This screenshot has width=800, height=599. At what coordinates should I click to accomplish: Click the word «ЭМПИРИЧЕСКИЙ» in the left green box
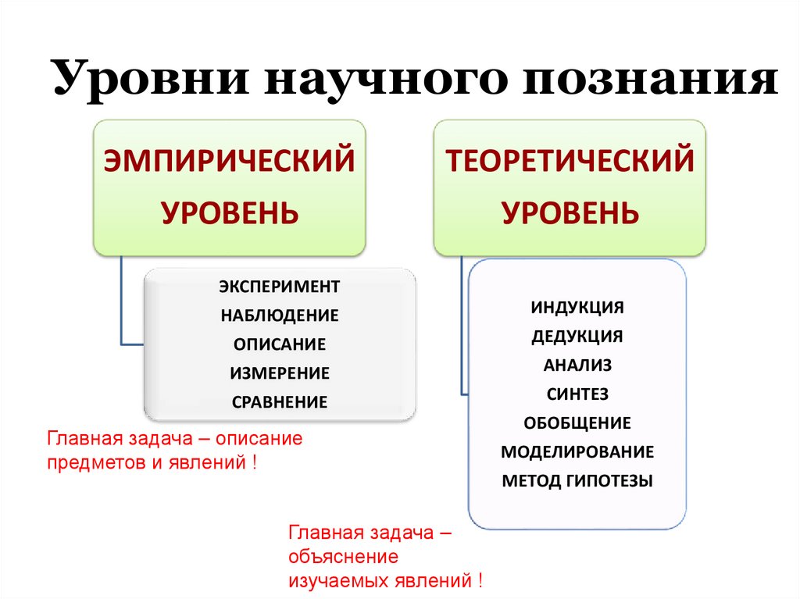(230, 162)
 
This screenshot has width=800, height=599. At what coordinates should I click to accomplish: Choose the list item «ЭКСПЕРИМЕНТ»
(280, 287)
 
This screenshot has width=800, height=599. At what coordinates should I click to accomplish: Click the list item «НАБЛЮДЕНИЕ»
(280, 316)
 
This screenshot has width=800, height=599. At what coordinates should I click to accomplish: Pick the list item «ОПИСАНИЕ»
(280, 344)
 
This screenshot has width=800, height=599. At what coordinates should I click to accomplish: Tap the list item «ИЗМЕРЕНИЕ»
(280, 373)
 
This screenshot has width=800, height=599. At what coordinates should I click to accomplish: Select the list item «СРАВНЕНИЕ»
(280, 402)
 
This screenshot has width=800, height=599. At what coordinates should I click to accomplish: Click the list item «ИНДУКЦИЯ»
(577, 307)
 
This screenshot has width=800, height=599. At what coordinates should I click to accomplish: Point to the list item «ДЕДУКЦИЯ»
(577, 337)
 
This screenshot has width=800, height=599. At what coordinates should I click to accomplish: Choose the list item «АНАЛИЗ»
(577, 365)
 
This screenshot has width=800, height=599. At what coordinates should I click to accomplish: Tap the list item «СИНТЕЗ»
(577, 394)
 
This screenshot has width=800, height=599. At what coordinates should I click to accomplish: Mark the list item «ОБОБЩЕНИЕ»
(577, 423)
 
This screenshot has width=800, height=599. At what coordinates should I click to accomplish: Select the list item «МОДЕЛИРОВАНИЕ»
(577, 452)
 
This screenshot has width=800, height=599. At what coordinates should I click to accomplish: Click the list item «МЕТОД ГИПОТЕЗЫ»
(577, 481)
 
